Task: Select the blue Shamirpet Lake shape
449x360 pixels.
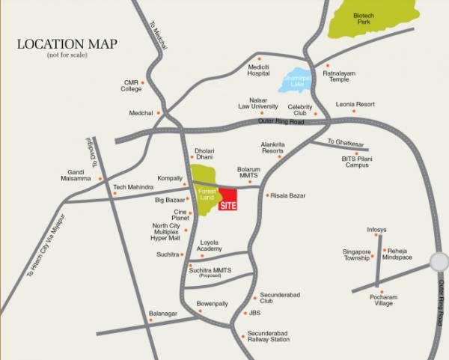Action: (296, 82)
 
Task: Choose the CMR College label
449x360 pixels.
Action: (131, 85)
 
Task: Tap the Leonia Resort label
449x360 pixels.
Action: (355, 104)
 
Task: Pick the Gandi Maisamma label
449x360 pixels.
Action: (79, 176)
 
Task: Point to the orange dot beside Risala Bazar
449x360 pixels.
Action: (267, 195)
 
